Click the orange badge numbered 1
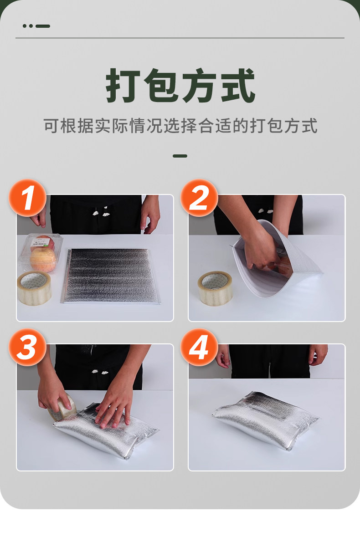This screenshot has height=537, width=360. (28, 198)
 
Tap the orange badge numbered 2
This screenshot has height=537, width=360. (199, 198)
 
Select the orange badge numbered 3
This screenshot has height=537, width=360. (28, 347)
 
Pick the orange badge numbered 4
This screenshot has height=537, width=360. (199, 347)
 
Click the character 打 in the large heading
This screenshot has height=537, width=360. (123, 86)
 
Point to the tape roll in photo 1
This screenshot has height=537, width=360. (34, 288)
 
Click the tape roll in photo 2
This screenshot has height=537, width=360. (215, 288)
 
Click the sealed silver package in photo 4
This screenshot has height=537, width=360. (266, 420)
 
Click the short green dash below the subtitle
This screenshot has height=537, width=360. (180, 156)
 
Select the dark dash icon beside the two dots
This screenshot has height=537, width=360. (43, 26)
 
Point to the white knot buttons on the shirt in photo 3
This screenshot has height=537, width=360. (100, 371)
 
